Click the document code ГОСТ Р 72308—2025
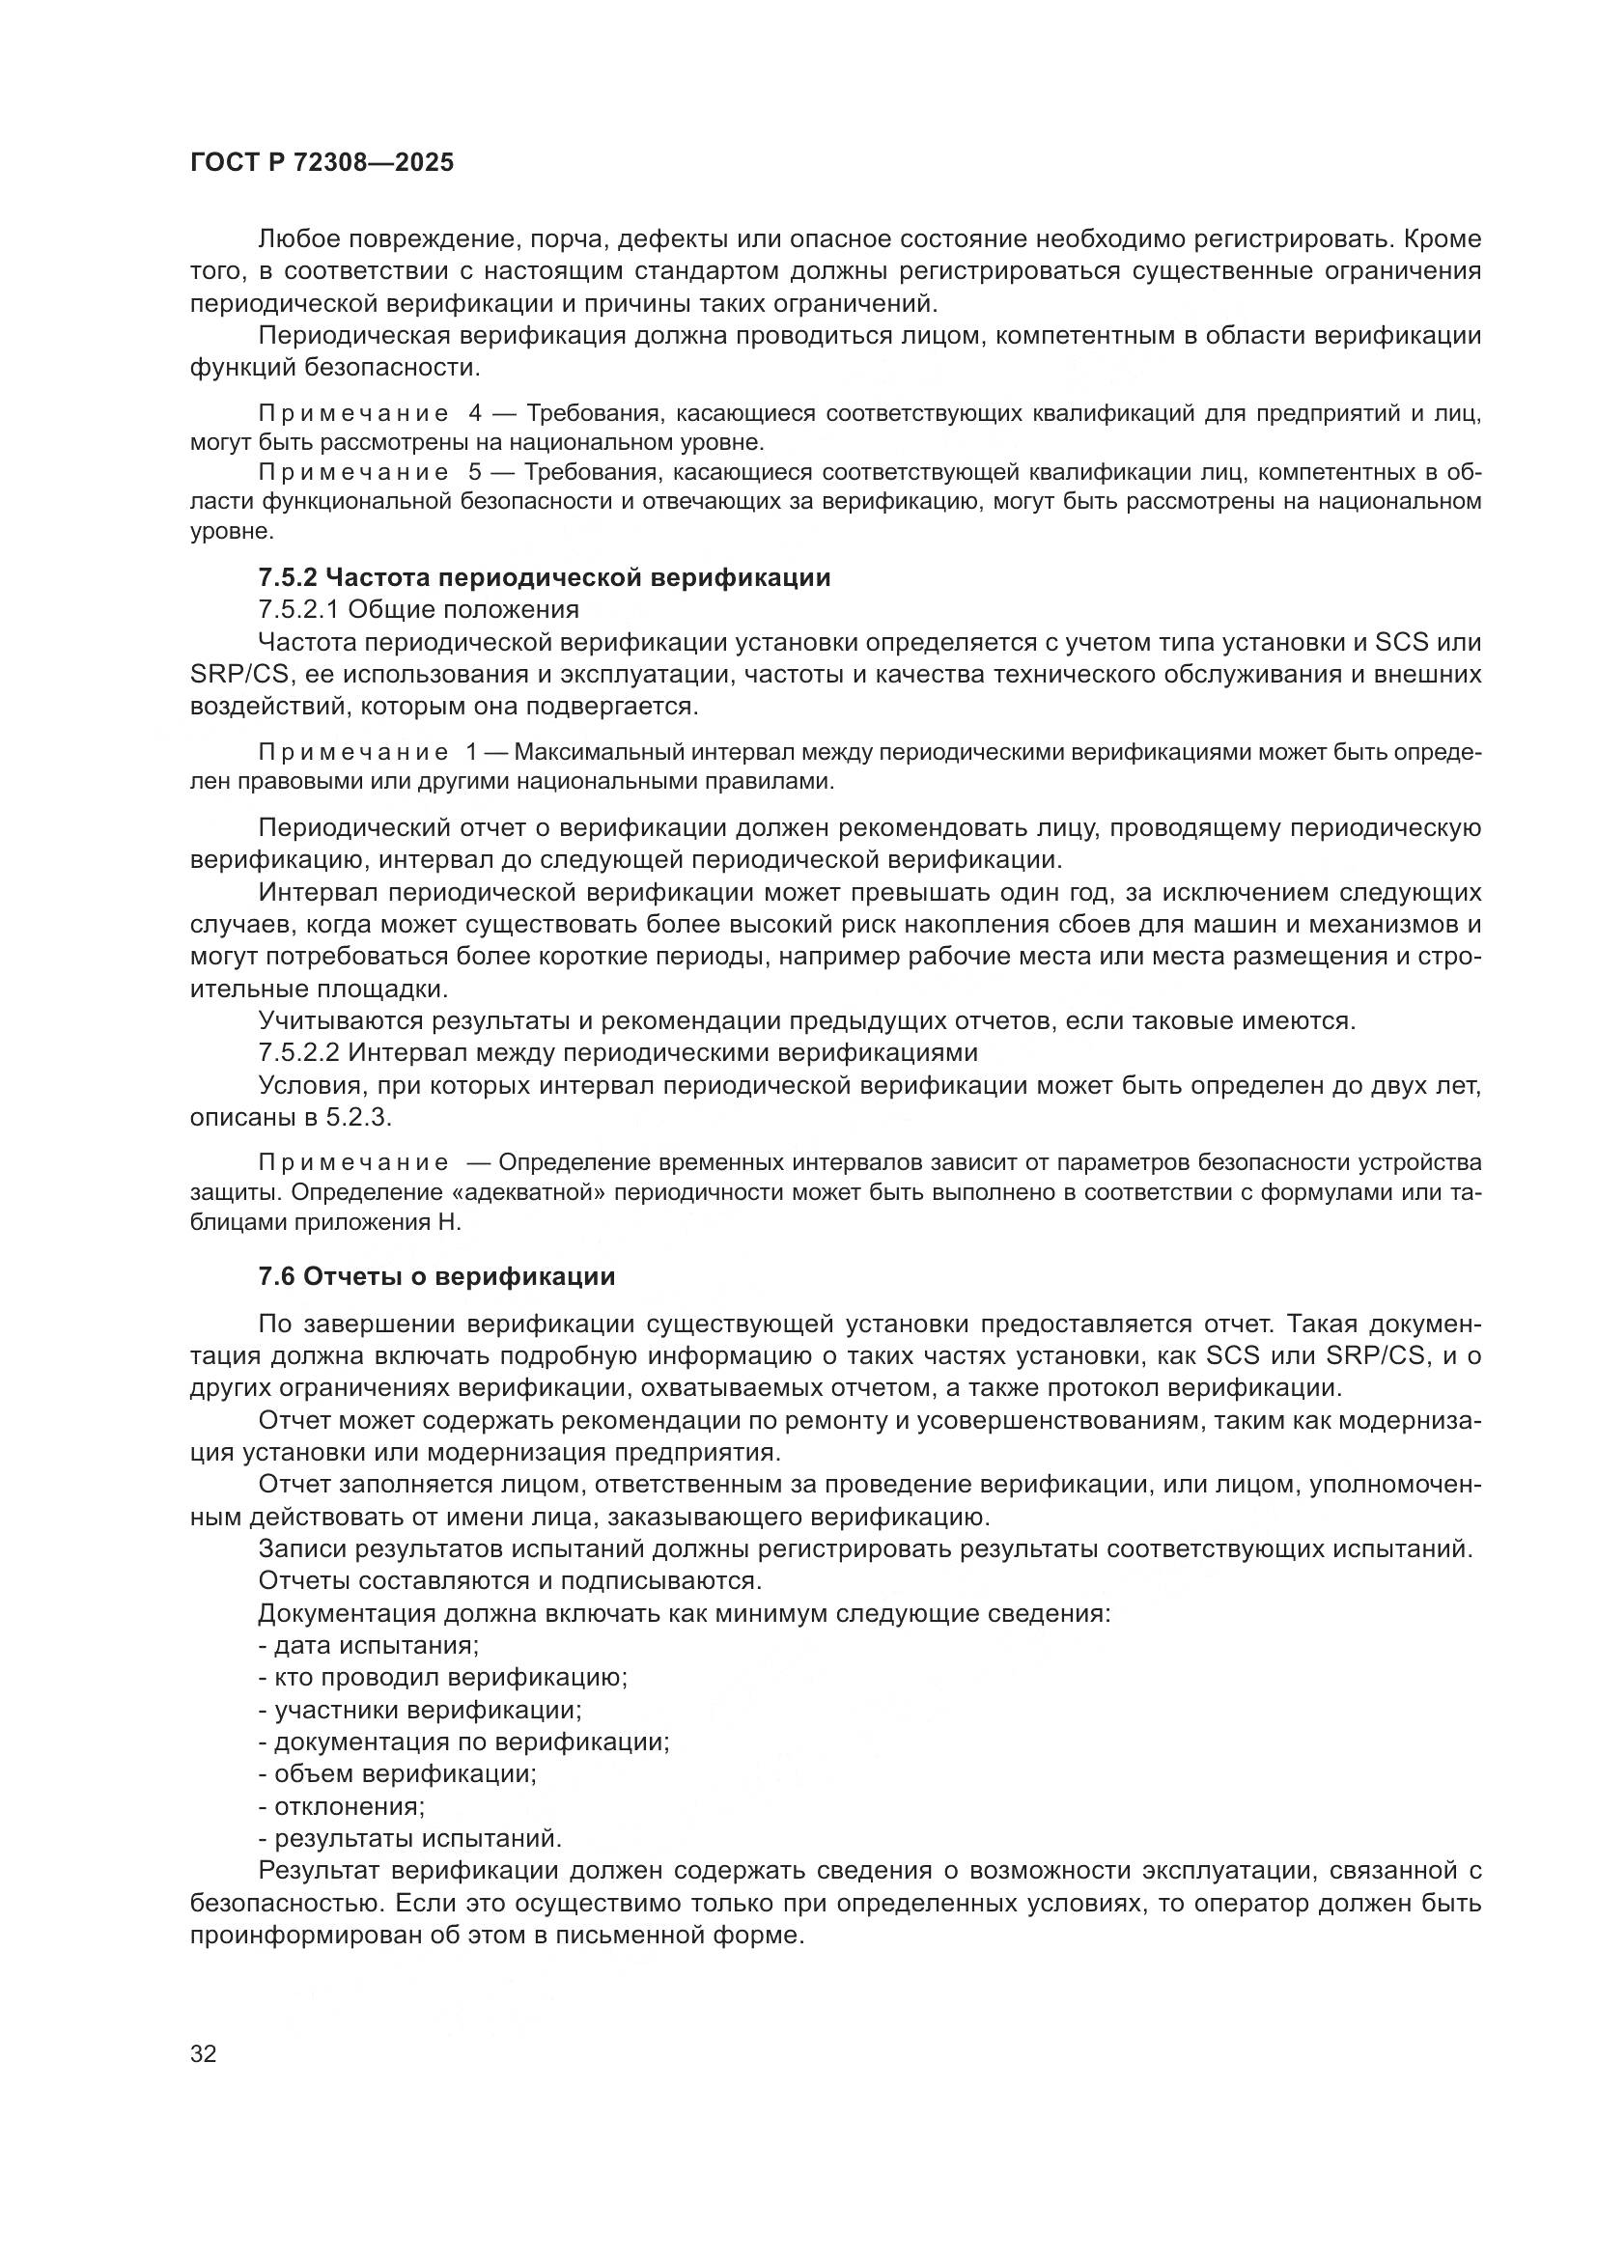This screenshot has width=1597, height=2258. (322, 163)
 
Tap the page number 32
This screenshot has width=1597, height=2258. (203, 2054)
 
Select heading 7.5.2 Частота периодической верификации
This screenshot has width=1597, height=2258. (544, 577)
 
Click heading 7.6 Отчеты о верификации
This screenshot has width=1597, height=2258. (435, 1276)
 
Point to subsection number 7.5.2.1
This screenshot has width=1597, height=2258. (298, 609)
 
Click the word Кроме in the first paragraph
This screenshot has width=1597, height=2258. (1443, 239)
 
